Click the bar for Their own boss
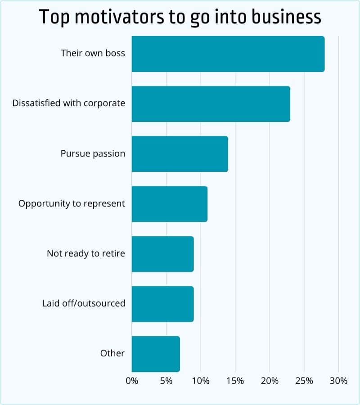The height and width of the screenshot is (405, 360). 228,54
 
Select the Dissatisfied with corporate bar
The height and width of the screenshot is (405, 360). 211,104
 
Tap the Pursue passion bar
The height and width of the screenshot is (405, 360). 180,154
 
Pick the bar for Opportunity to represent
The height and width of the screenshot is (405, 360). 170,204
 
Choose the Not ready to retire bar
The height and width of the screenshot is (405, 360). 163,254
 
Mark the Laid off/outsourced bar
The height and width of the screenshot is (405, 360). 163,304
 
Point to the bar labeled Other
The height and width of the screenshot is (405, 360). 156,354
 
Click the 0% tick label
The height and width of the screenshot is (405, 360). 132,381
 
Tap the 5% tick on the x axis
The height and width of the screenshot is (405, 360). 166,381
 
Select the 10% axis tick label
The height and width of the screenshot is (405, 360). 201,381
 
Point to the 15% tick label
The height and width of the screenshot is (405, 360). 235,381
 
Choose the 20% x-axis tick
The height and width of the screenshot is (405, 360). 270,381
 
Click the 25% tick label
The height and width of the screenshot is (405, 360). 304,381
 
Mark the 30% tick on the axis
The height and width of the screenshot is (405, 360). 338,381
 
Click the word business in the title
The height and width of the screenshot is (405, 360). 283,17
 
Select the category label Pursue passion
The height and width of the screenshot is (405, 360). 93,153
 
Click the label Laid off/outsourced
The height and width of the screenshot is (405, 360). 84,303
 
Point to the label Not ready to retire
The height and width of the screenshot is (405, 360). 86,253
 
